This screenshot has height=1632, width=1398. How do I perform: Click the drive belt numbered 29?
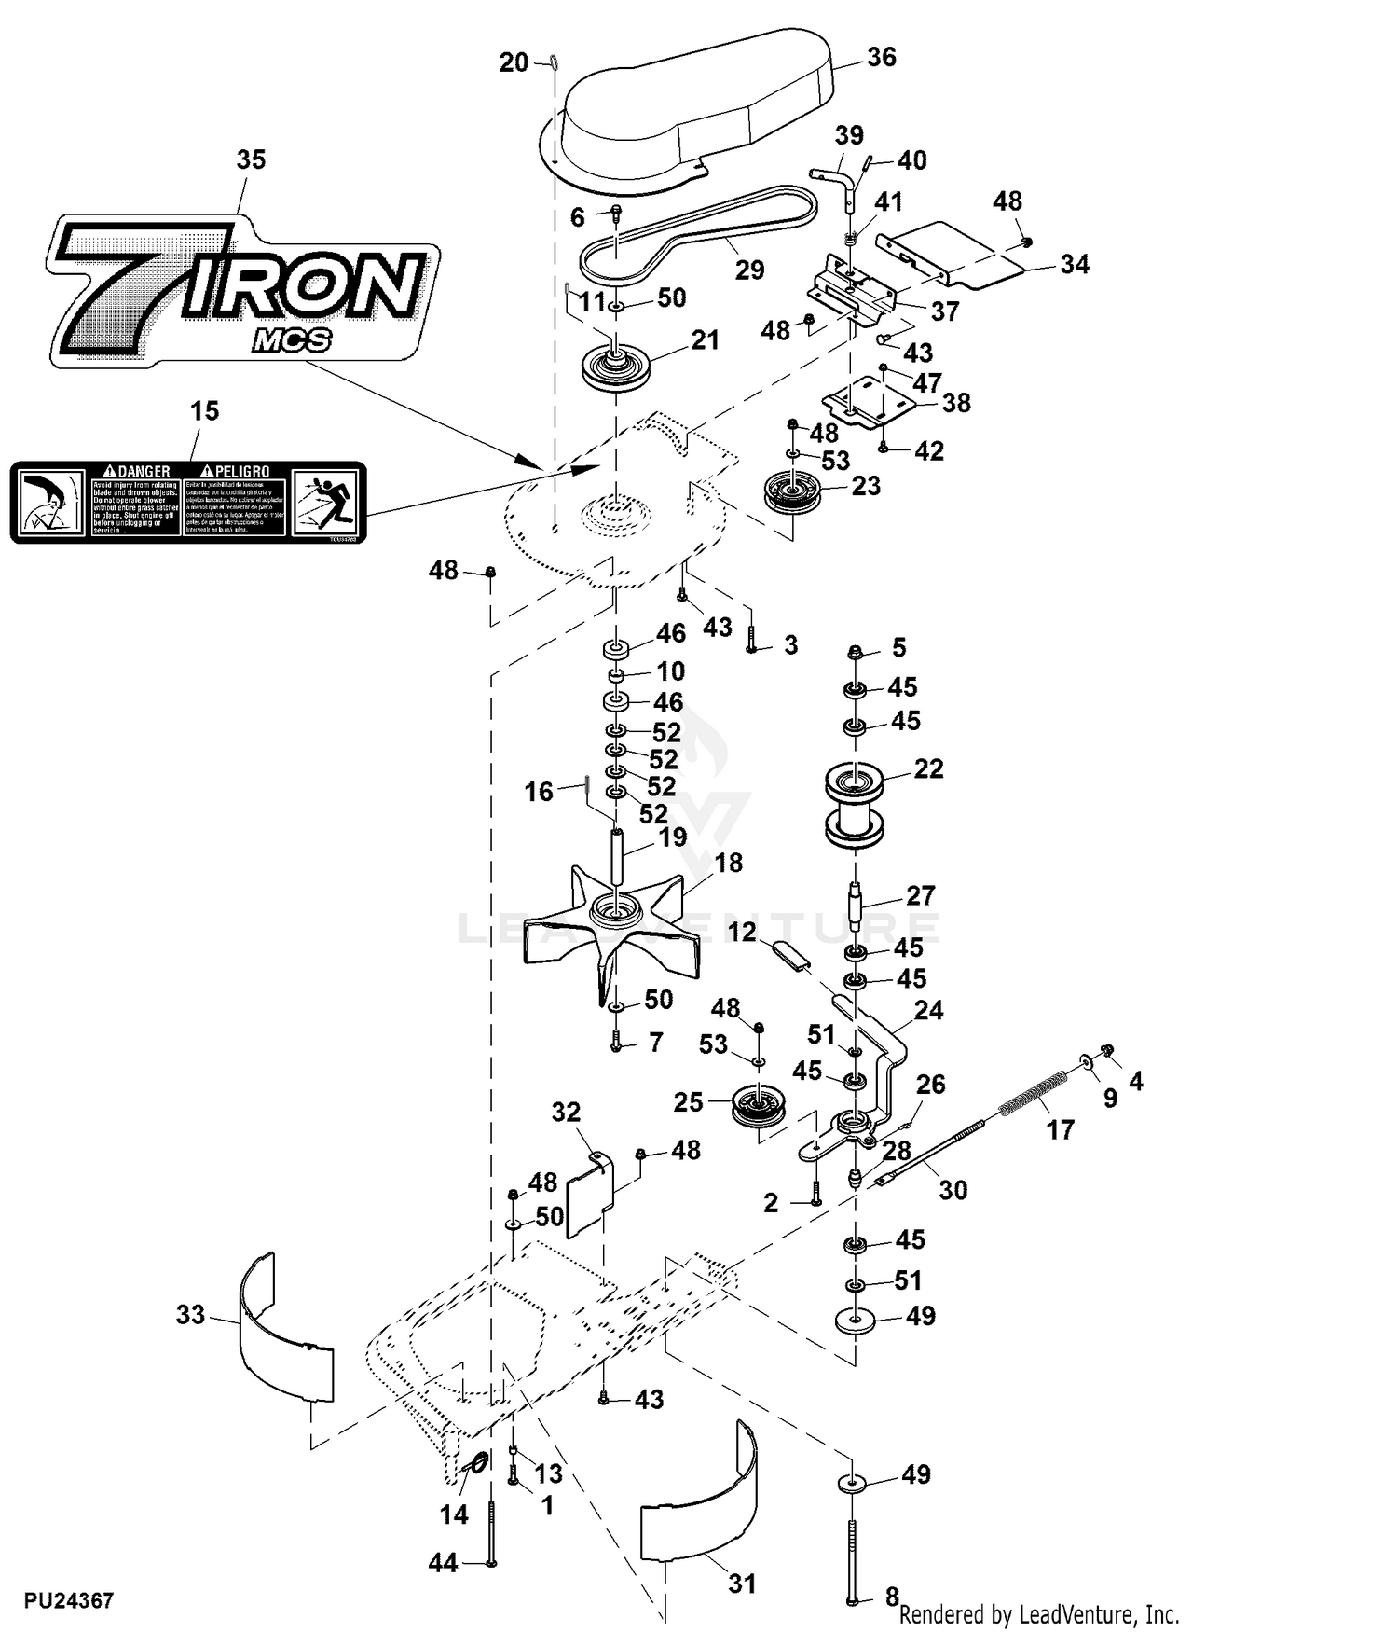coord(699,234)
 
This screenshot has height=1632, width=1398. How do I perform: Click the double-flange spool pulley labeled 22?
coord(855,806)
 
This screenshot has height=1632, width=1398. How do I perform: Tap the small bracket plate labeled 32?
coord(590,1194)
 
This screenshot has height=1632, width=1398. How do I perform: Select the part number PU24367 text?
coord(69,1601)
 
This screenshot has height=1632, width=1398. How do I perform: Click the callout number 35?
coord(251,159)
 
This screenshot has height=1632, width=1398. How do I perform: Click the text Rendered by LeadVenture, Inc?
coord(1039,1614)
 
